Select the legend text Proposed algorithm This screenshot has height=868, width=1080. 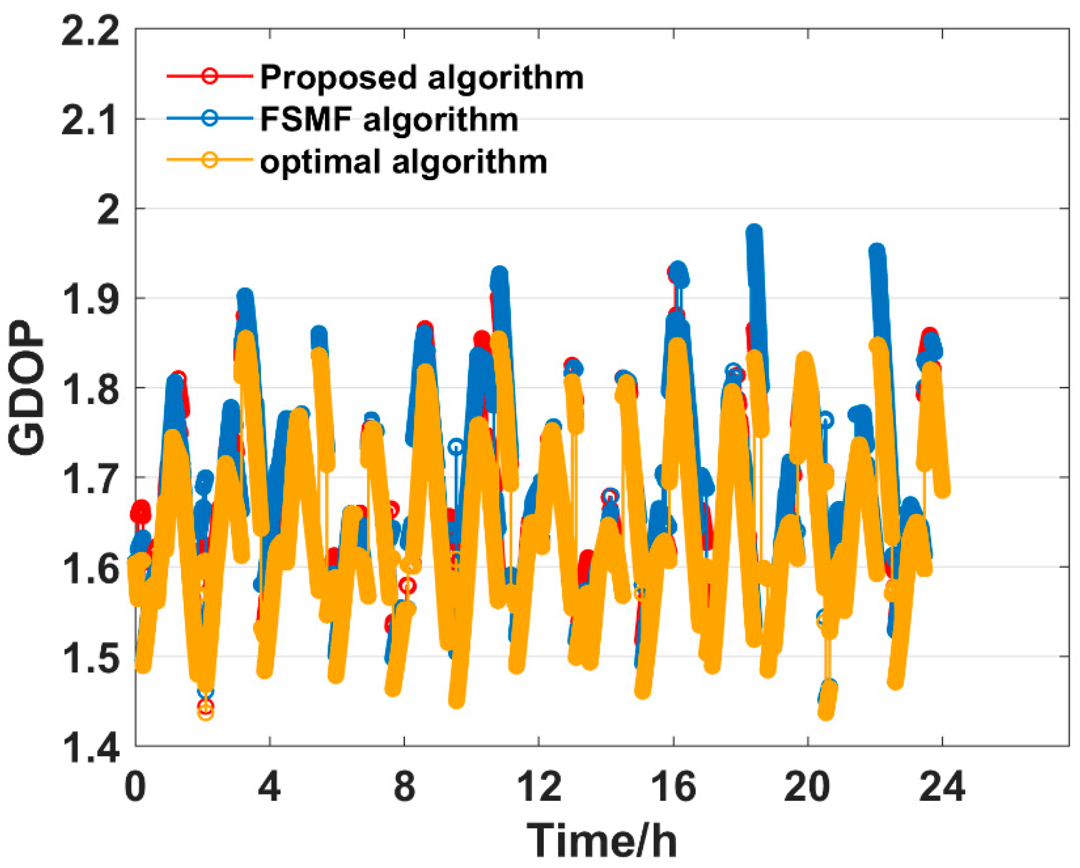point(422,77)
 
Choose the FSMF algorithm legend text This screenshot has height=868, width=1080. point(389,119)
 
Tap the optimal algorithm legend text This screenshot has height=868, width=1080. point(403,162)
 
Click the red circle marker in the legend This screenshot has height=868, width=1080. point(210,76)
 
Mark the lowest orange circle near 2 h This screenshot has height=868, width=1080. point(206,713)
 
